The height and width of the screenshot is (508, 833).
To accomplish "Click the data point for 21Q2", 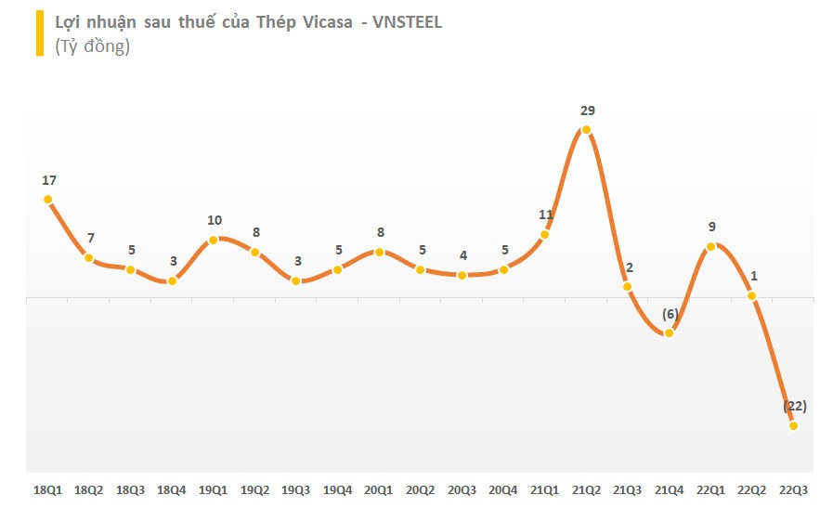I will point(586,130).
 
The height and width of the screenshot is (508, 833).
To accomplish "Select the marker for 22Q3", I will point(793,425).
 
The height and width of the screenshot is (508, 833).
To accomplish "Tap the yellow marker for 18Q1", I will point(47,199).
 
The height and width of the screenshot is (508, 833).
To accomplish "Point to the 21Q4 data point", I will point(669,332).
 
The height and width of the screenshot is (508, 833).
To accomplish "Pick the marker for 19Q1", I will point(214,240).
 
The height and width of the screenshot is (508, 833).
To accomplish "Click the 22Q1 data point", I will point(710,246).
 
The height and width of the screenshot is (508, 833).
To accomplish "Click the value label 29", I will point(587,111).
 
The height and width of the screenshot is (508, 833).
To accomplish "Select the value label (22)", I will point(794,406).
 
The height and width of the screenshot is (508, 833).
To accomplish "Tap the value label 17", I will point(49,179).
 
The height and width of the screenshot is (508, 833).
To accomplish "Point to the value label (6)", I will point(670,314).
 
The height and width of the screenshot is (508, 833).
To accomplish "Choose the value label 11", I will point(546,215).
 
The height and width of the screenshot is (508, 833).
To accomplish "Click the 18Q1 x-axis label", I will point(47,488).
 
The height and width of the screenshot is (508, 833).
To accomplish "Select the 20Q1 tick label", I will point(379,488).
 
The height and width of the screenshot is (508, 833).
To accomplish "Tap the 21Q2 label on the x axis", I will point(587,488).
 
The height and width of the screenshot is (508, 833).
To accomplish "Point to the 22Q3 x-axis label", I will point(794,488).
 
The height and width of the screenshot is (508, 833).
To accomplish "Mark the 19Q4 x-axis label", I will point(338,488).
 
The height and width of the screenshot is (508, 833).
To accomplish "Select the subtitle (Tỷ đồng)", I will point(92,46).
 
